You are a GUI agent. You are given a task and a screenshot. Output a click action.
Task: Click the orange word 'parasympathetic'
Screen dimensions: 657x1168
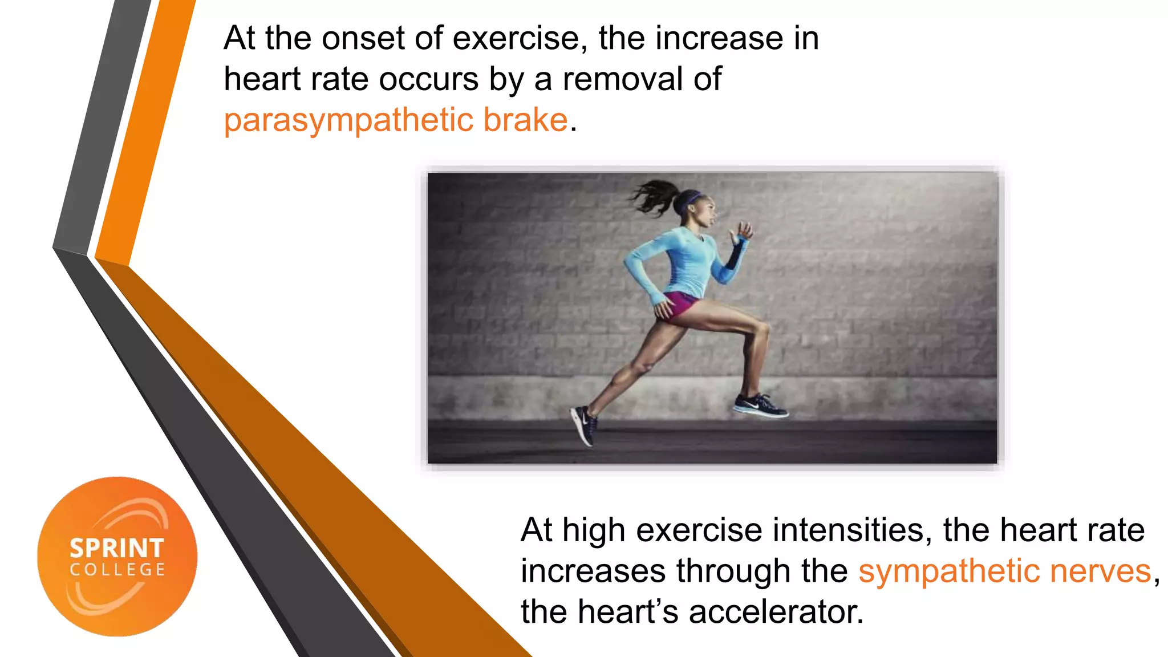[x=348, y=121]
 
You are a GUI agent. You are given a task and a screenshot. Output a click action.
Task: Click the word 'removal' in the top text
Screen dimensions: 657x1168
[x=622, y=79]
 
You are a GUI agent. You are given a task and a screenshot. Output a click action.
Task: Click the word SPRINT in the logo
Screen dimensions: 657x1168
[x=117, y=549]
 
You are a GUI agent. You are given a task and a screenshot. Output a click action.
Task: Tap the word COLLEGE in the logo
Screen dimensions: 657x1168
[x=117, y=570]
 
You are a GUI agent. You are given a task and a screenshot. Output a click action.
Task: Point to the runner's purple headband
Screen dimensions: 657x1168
[x=692, y=199]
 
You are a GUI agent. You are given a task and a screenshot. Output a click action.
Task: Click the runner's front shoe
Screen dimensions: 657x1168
[x=760, y=405]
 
